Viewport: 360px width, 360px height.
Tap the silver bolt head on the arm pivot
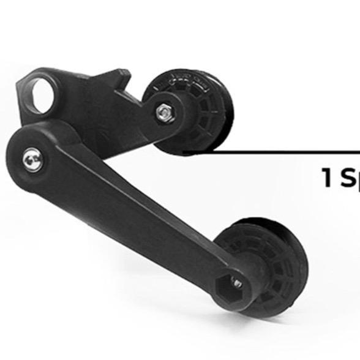click(31, 162)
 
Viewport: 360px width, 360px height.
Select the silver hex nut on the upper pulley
click(164, 111)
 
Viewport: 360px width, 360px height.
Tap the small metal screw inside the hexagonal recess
click(236, 283)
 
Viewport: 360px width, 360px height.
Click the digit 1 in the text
click(328, 178)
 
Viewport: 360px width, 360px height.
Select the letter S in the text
click(347, 178)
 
